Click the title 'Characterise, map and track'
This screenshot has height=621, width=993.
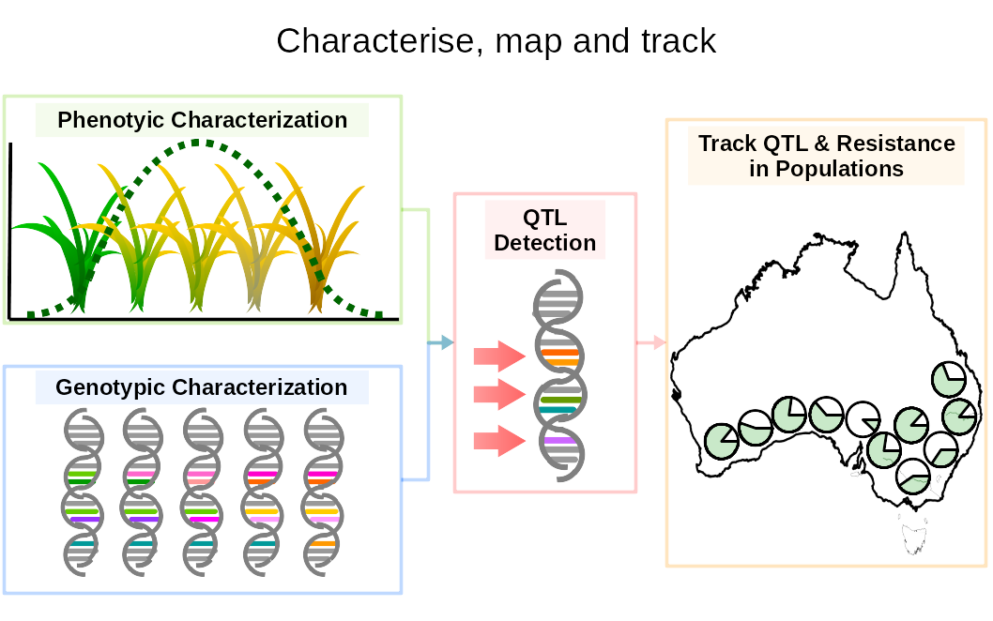(496, 41)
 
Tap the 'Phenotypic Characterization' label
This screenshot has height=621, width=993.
(202, 120)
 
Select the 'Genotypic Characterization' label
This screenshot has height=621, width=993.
(202, 387)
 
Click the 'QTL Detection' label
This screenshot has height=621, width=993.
(544, 231)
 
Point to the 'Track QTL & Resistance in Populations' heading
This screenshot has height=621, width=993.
(826, 156)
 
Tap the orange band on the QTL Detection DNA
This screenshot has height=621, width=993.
(560, 356)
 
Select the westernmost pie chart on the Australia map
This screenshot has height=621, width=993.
(722, 441)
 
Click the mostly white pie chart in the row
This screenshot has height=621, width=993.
(863, 419)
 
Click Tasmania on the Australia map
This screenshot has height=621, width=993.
(912, 538)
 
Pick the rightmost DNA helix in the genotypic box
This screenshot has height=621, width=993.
(323, 492)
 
